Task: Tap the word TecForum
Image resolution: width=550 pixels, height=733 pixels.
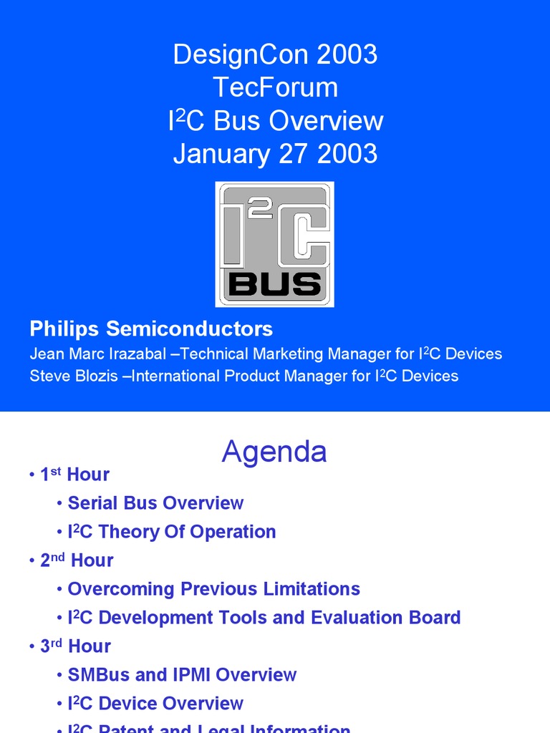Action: coord(275,88)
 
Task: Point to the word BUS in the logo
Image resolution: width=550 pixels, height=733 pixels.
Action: coord(275,285)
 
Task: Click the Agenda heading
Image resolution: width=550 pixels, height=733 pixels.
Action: coord(274,452)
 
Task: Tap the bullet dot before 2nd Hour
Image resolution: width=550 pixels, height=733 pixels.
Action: coord(32,561)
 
